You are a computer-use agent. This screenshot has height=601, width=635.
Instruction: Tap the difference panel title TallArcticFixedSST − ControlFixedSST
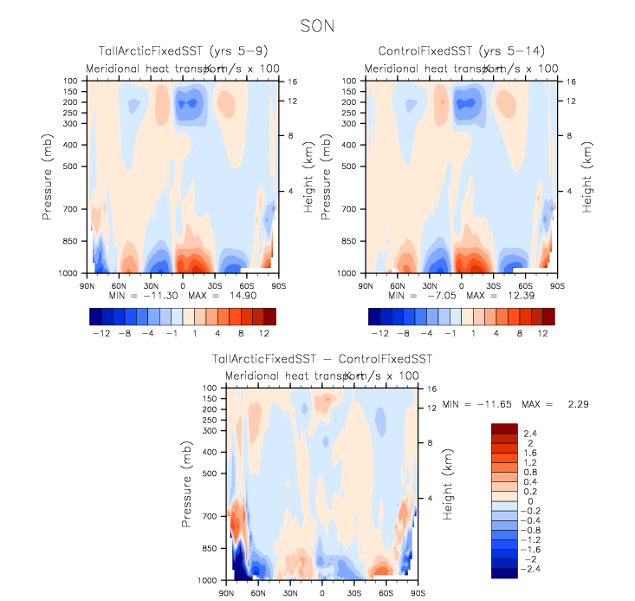pyautogui.click(x=321, y=358)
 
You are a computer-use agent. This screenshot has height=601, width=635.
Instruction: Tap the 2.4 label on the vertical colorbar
pyautogui.click(x=529, y=432)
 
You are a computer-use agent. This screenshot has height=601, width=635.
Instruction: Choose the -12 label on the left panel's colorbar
pyautogui.click(x=100, y=332)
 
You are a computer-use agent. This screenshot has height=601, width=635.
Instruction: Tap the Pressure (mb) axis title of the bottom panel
pyautogui.click(x=187, y=483)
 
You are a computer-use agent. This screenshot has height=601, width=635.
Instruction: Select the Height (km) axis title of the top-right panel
pyautogui.click(x=587, y=176)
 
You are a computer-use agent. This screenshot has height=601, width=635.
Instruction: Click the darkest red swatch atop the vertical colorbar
pyautogui.click(x=504, y=428)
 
